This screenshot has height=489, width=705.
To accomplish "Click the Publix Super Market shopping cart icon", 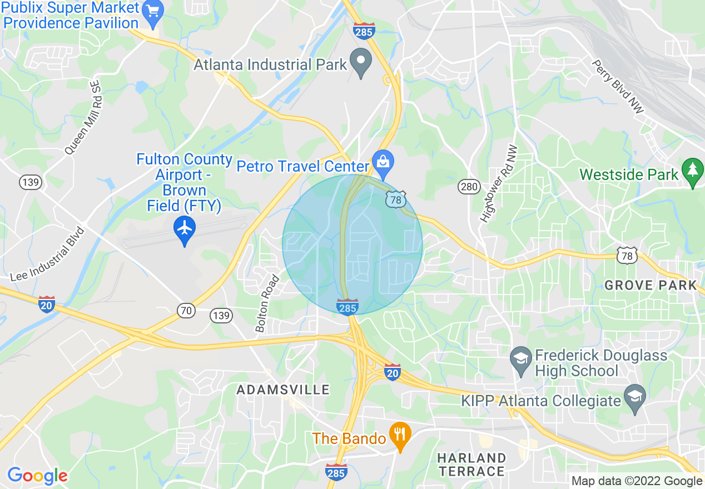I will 152,10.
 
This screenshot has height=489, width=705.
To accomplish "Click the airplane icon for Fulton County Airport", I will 185,228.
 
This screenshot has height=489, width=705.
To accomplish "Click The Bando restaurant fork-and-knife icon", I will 399,432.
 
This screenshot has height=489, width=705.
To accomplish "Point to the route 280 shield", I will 469,187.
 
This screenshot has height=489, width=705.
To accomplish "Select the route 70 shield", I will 187,311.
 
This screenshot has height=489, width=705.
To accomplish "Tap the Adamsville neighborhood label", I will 283,390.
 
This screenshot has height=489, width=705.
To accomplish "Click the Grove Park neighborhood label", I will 651,286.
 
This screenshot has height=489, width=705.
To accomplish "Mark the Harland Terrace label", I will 471,465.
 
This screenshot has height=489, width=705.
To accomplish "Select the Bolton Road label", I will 267,303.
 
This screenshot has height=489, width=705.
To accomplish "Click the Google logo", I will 37,476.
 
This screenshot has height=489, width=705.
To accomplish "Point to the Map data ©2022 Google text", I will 637,481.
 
